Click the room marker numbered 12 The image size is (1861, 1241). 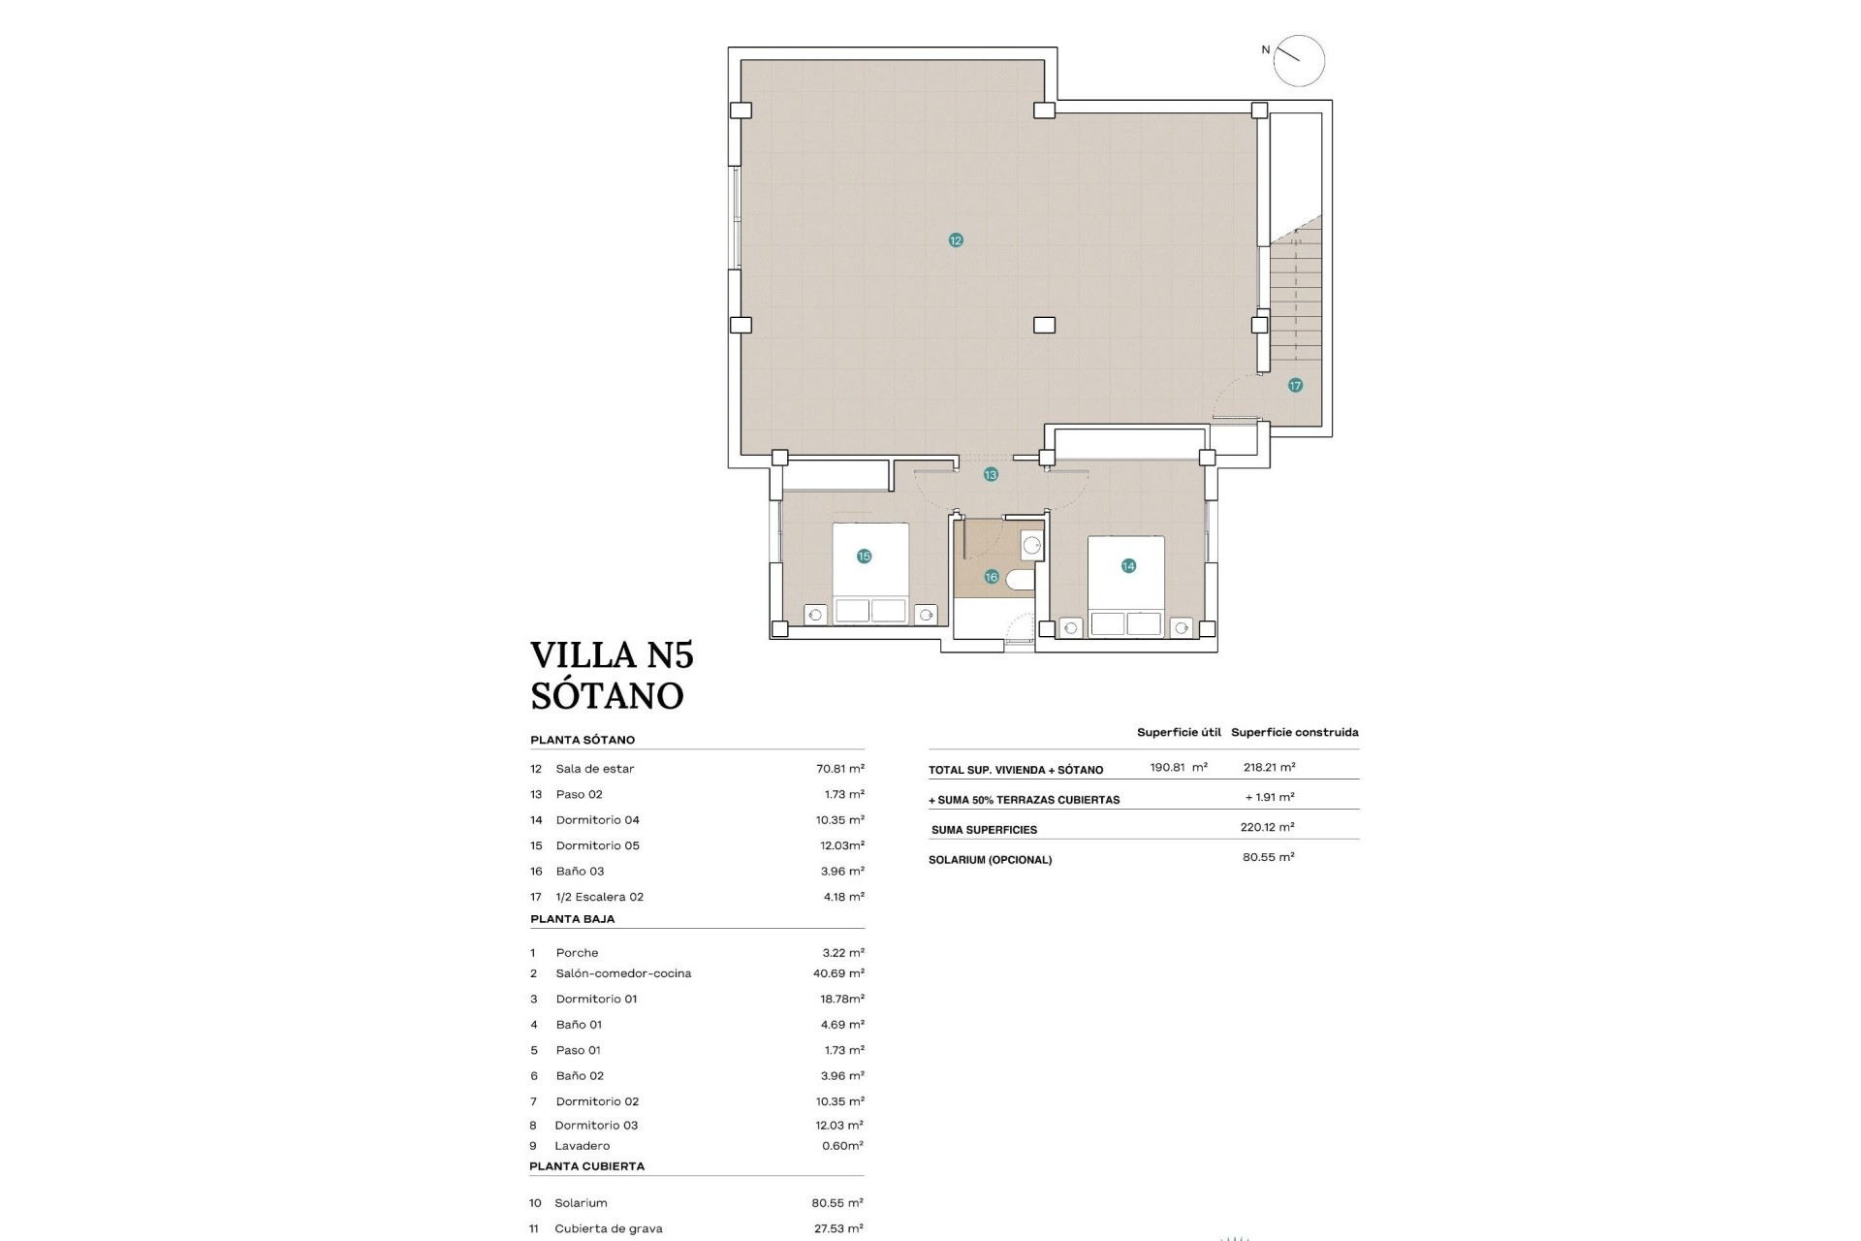point(956,240)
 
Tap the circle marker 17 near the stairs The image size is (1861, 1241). point(1295,386)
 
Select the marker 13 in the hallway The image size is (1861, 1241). point(991,475)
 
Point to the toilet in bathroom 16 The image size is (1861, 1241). point(1021,580)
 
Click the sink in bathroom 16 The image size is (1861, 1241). point(1031,546)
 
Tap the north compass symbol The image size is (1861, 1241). point(1298,61)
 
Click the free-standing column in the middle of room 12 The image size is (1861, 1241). point(1044,326)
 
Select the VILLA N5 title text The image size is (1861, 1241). point(612,655)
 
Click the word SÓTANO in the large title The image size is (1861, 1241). point(607,696)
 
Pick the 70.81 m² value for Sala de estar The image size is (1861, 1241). point(839,769)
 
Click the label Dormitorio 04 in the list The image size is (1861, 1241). point(597,820)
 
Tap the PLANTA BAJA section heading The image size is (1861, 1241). point(572,919)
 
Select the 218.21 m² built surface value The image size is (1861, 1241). point(1269,767)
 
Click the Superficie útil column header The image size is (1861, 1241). point(1179,733)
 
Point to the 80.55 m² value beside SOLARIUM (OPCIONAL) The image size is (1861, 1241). point(1268,857)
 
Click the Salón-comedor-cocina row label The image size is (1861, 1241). point(623,973)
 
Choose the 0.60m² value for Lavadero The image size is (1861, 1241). point(841,1146)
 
